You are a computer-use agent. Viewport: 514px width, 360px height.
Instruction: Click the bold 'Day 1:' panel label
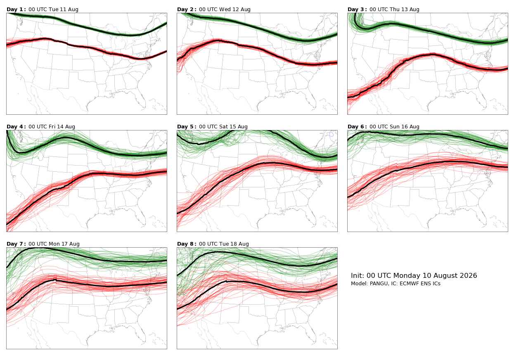[16, 9]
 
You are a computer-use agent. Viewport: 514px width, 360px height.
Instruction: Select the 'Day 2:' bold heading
[187, 9]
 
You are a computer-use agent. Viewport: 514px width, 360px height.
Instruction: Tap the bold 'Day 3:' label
[357, 9]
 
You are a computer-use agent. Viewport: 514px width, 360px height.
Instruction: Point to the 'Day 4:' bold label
[16, 127]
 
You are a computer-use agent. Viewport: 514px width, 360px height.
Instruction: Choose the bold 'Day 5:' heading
[187, 127]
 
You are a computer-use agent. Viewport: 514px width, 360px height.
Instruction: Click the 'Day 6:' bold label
[357, 127]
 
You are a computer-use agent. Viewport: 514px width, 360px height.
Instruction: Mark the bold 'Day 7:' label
[16, 244]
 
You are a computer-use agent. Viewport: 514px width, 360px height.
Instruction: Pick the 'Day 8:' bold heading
[187, 244]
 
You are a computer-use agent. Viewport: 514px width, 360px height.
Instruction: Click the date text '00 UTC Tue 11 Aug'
[54, 9]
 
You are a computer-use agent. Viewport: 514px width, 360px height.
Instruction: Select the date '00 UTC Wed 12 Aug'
[225, 9]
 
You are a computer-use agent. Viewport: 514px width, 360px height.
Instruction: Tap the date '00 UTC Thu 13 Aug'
[394, 9]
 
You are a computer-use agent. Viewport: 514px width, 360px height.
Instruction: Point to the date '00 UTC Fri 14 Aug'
[52, 127]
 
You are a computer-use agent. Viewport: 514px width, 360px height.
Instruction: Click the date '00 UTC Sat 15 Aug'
[223, 127]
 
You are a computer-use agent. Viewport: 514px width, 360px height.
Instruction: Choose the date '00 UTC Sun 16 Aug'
[394, 127]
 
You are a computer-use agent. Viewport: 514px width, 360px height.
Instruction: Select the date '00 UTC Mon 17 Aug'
[54, 244]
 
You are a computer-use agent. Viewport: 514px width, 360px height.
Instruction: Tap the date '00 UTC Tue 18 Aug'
[224, 244]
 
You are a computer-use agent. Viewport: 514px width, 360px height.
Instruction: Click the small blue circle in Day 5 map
[332, 135]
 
